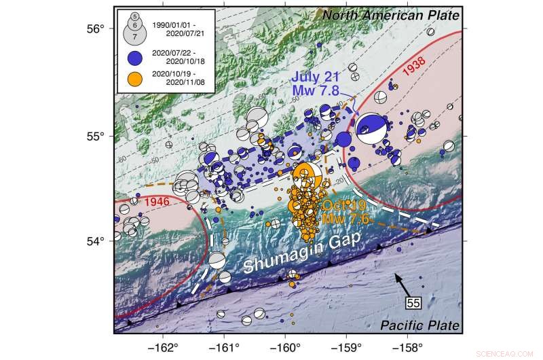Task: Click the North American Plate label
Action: coord(390,15)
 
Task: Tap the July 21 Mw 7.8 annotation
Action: coord(320,84)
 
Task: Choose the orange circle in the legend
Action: coord(134,84)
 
